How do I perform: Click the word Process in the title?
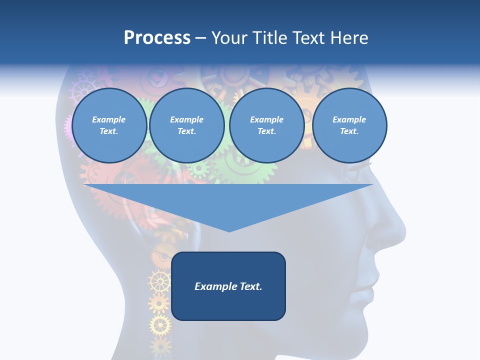click(157, 37)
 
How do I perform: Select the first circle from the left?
click(109, 125)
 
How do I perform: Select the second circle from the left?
click(186, 125)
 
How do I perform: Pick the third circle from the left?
click(266, 125)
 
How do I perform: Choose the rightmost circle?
click(349, 125)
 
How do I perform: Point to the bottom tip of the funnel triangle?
click(229, 231)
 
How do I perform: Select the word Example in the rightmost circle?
click(349, 119)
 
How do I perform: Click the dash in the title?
click(200, 38)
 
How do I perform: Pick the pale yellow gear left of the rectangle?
click(159, 282)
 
